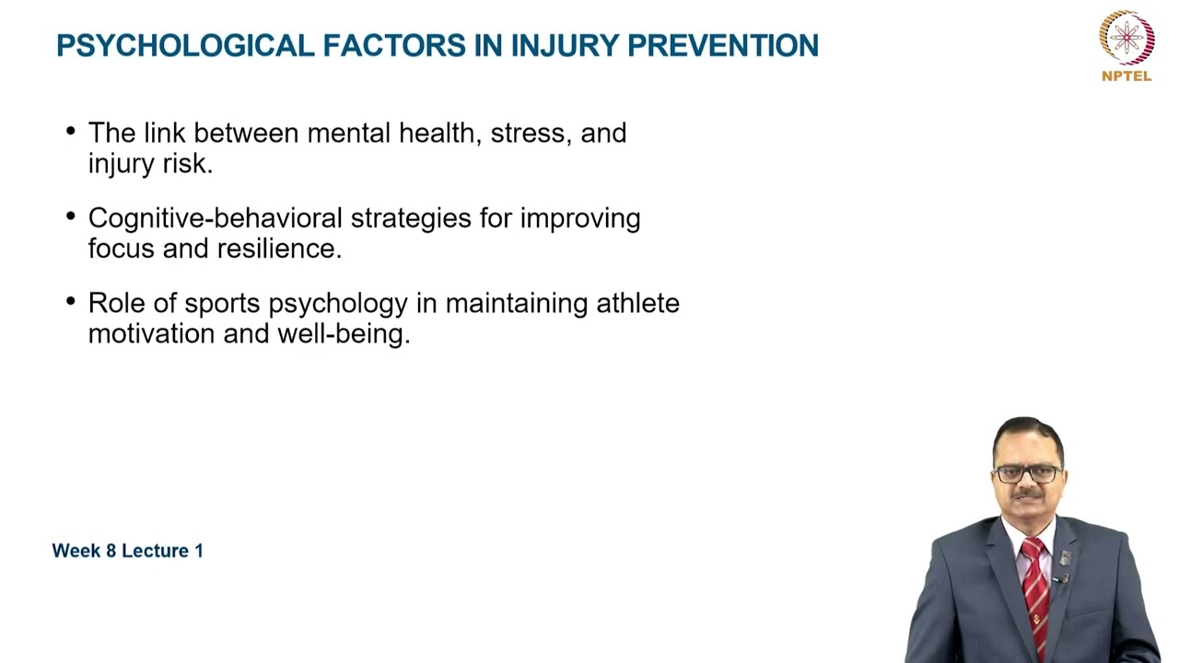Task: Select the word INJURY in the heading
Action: point(548,45)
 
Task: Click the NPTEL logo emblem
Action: point(1126,38)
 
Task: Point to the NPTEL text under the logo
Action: point(1126,76)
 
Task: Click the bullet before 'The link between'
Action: point(71,132)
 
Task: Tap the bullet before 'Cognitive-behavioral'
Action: point(71,217)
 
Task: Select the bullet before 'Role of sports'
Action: point(71,302)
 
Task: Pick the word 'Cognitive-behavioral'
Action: point(215,219)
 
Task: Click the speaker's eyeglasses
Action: point(1028,474)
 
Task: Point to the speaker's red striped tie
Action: point(1036,589)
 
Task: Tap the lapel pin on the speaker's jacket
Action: point(1065,558)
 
